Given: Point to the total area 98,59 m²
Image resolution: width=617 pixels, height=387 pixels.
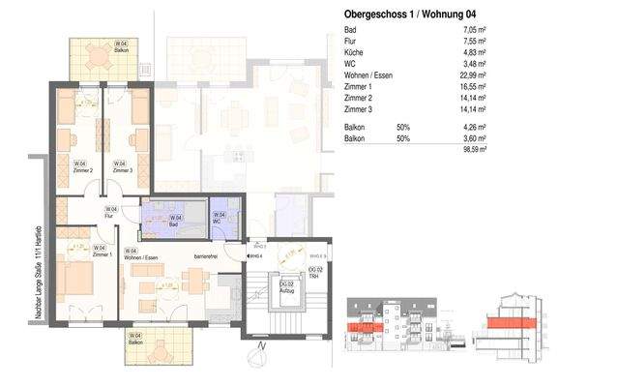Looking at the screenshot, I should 473,150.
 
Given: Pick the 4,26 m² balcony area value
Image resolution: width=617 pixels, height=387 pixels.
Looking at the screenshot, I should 473,128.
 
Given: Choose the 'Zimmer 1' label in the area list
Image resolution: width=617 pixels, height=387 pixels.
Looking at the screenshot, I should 361,85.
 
